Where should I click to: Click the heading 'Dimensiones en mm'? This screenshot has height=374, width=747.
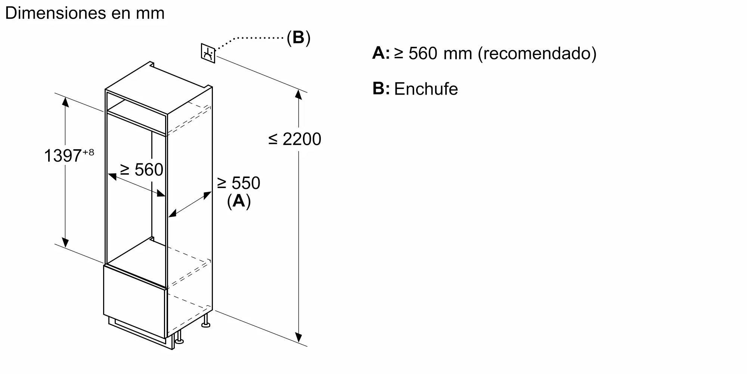point(85,13)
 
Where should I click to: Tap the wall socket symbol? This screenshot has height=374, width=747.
point(208,53)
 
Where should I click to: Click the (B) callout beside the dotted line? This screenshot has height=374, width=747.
point(298,37)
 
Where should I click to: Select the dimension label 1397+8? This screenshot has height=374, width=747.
point(69,155)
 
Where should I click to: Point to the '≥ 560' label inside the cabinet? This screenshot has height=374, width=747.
point(142,170)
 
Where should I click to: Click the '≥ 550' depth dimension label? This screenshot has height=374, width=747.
point(239,183)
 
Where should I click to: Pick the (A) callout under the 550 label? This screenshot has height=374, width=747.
point(239,201)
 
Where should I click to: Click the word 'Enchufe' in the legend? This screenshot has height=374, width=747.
point(426,89)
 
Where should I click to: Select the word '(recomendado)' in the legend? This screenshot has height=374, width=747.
point(537,53)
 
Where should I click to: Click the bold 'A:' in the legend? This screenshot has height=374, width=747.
point(381,53)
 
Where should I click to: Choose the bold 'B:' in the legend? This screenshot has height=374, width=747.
point(381,89)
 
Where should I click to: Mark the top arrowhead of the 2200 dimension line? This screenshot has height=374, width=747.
point(298,94)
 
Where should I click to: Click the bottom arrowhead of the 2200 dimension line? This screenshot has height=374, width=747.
point(298,337)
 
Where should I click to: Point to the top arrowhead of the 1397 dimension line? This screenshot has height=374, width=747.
point(65,101)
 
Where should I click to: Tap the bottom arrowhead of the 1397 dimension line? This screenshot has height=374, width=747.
point(65,242)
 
